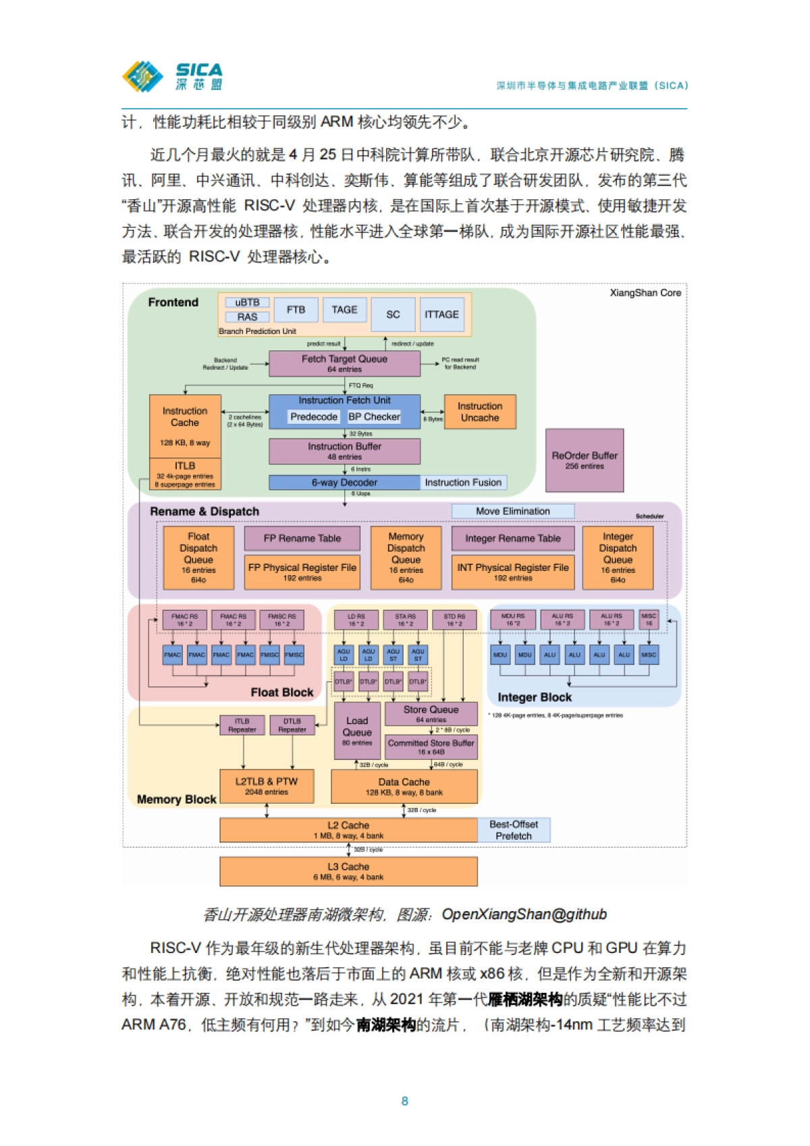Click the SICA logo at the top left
172,76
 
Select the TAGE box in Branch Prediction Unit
344,310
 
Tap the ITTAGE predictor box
441,315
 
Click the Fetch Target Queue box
344,364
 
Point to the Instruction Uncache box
480,412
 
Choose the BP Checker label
374,417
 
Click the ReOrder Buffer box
585,460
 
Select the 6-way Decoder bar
344,483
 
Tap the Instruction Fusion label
463,483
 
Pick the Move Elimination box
513,512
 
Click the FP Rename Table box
302,539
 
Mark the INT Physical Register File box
513,572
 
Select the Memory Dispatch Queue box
406,557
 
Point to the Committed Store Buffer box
431,746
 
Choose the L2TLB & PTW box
267,786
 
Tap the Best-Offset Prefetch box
514,830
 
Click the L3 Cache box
348,871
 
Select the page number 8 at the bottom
405,1101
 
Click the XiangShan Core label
645,293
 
